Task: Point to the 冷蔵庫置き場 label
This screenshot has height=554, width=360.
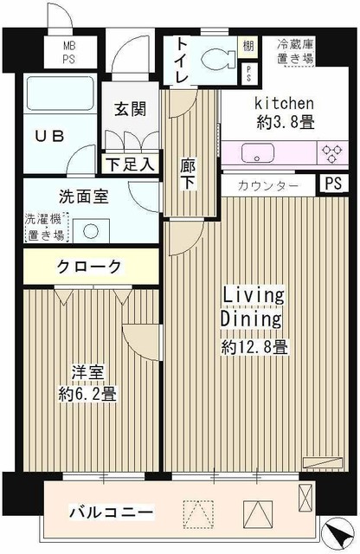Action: click(x=295, y=51)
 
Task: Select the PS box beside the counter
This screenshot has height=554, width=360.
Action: click(x=332, y=184)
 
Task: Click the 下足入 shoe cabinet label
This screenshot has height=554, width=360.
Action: click(x=130, y=163)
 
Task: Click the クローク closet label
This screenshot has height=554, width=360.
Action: click(x=90, y=266)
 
